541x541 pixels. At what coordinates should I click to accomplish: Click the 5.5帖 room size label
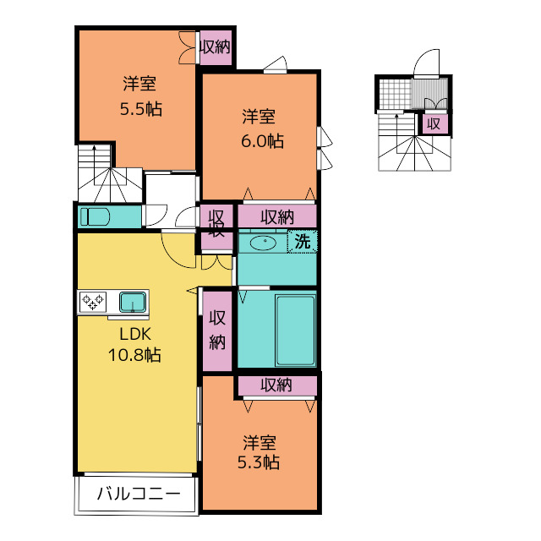point(141,109)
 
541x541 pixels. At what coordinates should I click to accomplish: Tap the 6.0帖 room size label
point(262,141)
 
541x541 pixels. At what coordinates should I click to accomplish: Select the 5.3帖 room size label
point(259,462)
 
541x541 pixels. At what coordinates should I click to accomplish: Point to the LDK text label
point(135,334)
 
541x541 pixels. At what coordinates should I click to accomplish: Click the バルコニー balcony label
point(139,494)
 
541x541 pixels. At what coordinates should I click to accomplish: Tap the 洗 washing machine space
point(303,241)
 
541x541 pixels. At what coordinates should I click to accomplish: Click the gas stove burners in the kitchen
point(93,302)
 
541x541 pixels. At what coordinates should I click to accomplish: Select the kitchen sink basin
point(133,302)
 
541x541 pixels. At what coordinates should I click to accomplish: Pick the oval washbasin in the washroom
point(263,243)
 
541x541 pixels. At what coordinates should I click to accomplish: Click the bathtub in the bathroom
point(295,331)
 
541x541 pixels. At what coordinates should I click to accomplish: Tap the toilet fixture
point(95,216)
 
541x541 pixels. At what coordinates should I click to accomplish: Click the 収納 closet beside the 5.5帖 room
point(216,47)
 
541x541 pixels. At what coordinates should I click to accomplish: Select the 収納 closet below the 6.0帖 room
point(277,217)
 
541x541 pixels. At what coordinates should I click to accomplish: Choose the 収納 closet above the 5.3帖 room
point(277,385)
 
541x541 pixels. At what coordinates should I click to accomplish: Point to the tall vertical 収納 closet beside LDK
point(217,331)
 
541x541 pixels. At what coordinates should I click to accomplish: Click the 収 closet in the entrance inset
point(434,124)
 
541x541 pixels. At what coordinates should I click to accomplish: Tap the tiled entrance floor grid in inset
point(396,94)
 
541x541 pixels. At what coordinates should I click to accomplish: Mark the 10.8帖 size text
point(134,355)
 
